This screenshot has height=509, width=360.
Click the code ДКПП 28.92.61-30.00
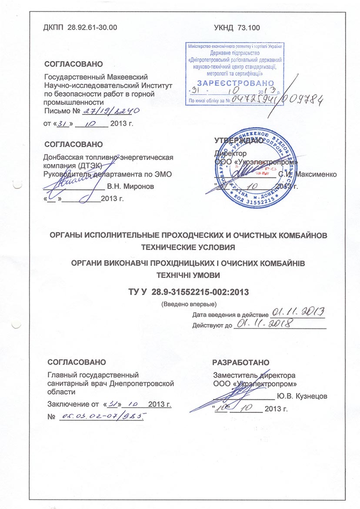pos(80,28)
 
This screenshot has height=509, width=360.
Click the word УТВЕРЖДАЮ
pos(239,140)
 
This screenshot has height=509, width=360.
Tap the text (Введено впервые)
pos(189,303)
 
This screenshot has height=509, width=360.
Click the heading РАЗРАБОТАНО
pos(241,362)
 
